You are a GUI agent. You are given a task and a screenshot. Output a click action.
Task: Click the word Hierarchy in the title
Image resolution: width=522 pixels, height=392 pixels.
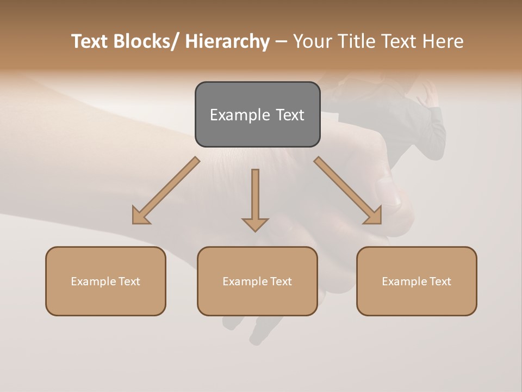click(x=227, y=41)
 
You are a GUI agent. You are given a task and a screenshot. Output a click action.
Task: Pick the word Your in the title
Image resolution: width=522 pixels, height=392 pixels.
click(x=311, y=41)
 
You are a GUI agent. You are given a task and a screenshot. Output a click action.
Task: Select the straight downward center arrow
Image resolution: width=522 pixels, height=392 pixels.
click(x=255, y=196)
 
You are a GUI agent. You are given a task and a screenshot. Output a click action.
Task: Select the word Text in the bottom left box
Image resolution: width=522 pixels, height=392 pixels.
click(x=129, y=281)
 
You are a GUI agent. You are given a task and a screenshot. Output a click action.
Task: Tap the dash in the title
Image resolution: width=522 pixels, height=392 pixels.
click(x=281, y=41)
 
